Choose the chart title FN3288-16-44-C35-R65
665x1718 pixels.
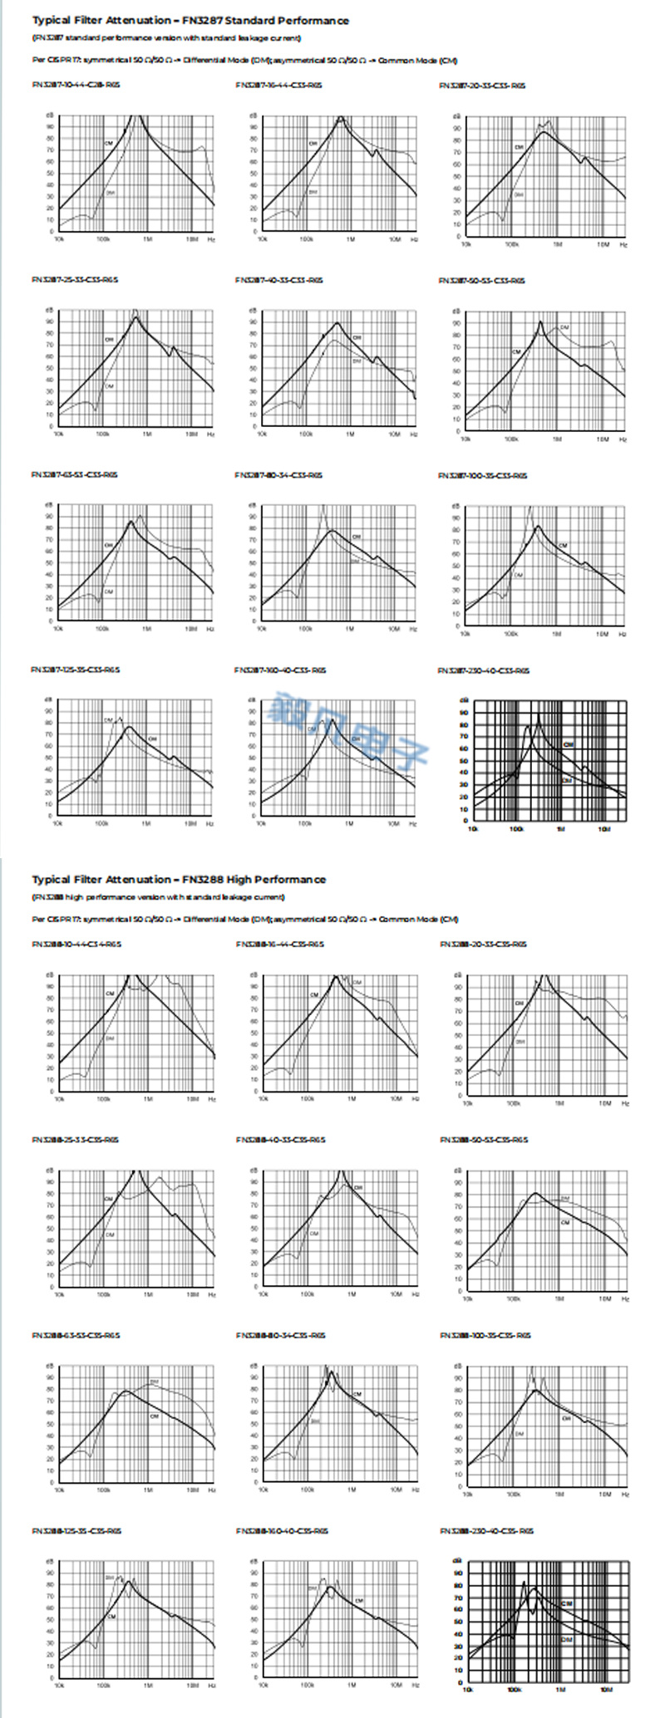[x=280, y=944]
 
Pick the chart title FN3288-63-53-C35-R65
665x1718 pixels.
[x=76, y=1335]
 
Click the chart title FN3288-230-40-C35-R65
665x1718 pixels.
[x=486, y=1530]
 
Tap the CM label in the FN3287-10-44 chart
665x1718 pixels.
[x=108, y=145]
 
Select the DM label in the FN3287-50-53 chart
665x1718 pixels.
[x=564, y=328]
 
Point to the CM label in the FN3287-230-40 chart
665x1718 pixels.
[x=569, y=744]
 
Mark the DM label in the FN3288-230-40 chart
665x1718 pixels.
[x=567, y=1640]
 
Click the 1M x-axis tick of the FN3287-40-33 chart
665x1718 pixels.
[x=350, y=434]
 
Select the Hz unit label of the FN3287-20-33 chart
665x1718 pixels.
[x=623, y=245]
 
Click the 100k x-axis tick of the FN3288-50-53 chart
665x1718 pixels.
[x=513, y=1298]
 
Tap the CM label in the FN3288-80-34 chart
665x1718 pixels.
[x=357, y=1394]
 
